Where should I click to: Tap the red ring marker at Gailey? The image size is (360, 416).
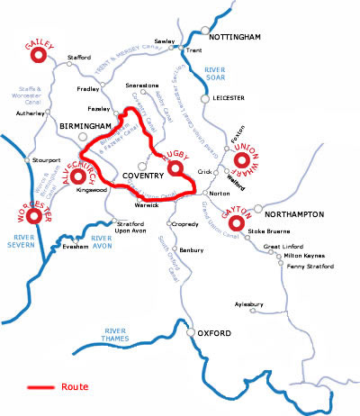click(x=40, y=56)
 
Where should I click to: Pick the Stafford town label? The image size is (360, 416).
click(x=80, y=58)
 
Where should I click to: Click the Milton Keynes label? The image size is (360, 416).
click(x=289, y=254)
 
